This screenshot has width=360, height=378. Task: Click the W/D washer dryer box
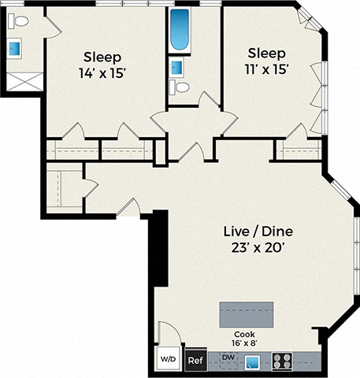pos(169,360)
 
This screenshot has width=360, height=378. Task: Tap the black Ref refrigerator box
pos(195,361)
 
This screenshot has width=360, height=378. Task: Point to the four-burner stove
pos(282,361)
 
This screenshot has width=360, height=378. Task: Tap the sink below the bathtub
pos(177,66)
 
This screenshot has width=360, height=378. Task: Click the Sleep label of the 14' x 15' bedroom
pos(102,57)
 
